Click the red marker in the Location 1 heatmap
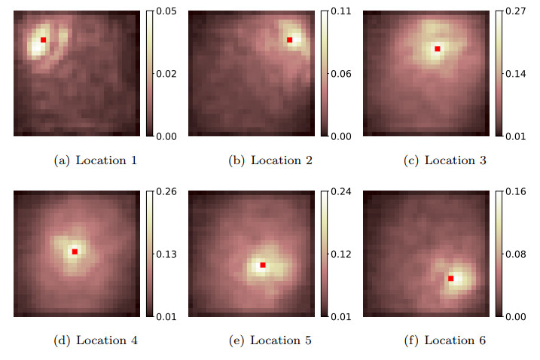tap(43, 40)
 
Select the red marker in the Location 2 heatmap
tap(290, 40)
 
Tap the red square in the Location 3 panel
tap(438, 49)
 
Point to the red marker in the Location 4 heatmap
tap(75, 252)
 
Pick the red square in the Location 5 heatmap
tap(263, 265)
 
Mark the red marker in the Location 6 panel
tap(451, 279)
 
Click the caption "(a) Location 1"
tap(96, 160)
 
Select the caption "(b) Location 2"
tap(270, 160)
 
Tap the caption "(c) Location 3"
tap(445, 160)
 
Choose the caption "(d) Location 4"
tap(96, 340)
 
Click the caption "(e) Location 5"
tap(270, 340)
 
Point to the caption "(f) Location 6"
tap(445, 340)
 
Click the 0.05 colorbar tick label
tap(166, 11)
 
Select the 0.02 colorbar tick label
tap(166, 74)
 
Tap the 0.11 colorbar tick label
tap(341, 11)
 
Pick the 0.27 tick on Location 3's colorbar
tap(516, 11)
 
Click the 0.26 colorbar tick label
tap(166, 191)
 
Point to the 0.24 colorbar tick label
tap(341, 191)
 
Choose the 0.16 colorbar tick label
tap(516, 191)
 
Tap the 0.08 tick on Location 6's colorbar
tap(516, 255)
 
